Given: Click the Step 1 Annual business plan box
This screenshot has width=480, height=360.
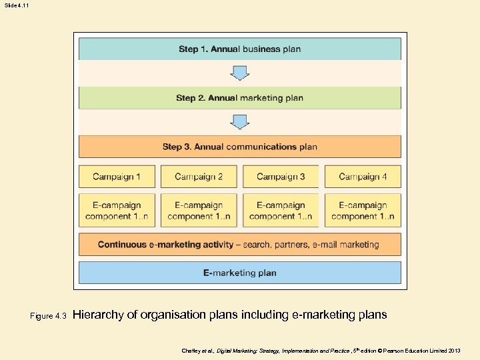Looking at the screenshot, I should pos(240,49).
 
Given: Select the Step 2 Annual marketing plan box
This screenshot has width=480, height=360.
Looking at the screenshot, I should pos(240,98).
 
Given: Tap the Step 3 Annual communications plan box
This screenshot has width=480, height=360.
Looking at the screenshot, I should pos(240,147).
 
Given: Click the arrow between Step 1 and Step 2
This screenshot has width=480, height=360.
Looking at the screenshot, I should pos(240,73).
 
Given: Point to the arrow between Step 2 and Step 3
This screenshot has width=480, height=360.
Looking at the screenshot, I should pos(240,122).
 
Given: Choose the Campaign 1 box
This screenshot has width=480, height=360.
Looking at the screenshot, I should pos(117,177).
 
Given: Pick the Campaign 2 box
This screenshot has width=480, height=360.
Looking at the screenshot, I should pos(199,177).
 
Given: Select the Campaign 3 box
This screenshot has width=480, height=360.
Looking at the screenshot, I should pos(281,177).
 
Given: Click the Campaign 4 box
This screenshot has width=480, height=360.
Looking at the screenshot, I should pos(363,177).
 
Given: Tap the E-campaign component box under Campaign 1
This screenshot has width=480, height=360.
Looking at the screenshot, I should pos(117,211).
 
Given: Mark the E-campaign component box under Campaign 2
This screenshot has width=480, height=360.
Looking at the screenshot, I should pos(199,211).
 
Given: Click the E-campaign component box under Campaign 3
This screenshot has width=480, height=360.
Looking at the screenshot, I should pos(281,211).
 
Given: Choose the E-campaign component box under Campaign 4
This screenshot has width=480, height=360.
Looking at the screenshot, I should pos(363,211).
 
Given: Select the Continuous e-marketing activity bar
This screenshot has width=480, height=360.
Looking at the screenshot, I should pos(240,245).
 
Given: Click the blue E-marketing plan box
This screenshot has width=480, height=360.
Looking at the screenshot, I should pos(240,273).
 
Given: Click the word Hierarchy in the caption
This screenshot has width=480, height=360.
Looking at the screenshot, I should pos(97,315).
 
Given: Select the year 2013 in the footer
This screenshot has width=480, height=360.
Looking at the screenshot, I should pos(454,350).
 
